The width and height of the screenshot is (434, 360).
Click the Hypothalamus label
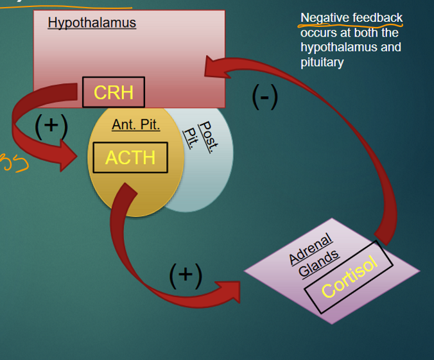pyautogui.click(x=92, y=23)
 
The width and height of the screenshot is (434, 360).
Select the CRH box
pyautogui.click(x=114, y=92)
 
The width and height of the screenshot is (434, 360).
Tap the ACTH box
pyautogui.click(x=130, y=157)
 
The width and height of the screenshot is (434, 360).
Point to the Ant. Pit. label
pyautogui.click(x=135, y=124)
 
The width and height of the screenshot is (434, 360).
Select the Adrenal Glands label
pyautogui.click(x=313, y=255)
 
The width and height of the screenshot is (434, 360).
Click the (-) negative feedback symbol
pyautogui.click(x=265, y=96)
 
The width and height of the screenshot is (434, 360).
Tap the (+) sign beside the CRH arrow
pyautogui.click(x=51, y=124)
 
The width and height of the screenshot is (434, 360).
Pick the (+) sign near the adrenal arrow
pyautogui.click(x=186, y=275)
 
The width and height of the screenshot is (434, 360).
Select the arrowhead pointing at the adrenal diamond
pyautogui.click(x=229, y=291)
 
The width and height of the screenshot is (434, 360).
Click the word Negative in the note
pyautogui.click(x=324, y=17)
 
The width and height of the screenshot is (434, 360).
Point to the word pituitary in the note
pyautogui.click(x=322, y=62)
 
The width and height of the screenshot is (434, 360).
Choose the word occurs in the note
pyautogui.click(x=317, y=32)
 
